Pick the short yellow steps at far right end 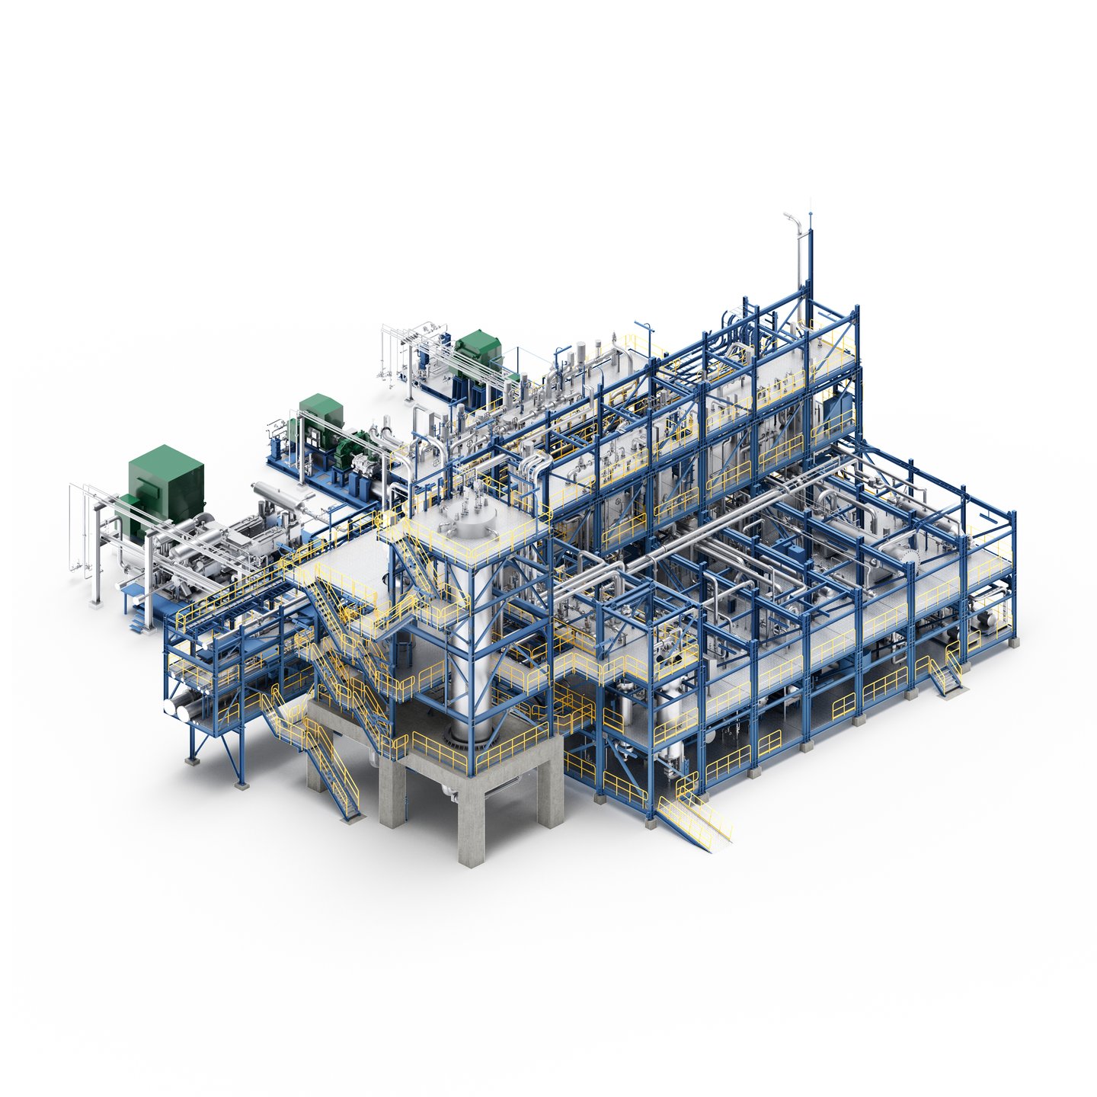pos(945,675)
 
